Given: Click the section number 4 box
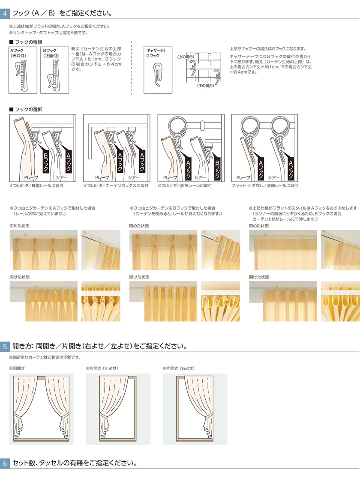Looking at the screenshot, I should pos(5,13).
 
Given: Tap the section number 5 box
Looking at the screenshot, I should pos(5,346).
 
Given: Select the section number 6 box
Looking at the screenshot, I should pos(5,463).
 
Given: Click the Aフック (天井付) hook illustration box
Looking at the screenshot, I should pos(23,70).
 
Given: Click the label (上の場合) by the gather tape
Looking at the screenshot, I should pos(186,57).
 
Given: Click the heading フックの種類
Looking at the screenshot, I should pos(27,42).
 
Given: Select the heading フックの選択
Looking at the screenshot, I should pos(27,110).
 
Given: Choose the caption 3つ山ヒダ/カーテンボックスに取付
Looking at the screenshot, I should pos(116,185).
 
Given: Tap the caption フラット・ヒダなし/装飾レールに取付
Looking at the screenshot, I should pos(264,185).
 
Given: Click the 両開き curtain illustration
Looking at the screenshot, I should pos(41,409).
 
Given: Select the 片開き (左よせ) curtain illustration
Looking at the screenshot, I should pos(118,409).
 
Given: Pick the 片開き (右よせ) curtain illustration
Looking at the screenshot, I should pos(195,409).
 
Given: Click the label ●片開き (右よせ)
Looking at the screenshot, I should pos(179,368).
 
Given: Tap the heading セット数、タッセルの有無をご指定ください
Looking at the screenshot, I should pos(75,463).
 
